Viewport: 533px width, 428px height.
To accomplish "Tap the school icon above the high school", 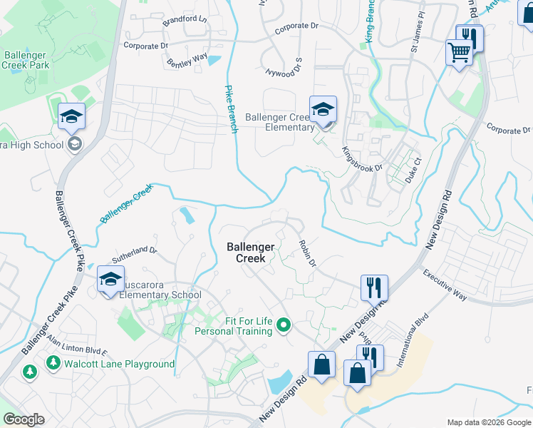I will click(71, 117).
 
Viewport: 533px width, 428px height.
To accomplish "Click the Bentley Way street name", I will click(187, 61).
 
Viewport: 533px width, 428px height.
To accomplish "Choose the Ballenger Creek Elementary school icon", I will click(323, 109).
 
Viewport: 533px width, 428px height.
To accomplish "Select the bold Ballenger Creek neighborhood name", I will click(250, 253).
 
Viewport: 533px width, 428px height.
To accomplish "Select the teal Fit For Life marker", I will click(284, 326).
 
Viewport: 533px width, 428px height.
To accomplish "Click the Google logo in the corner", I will click(24, 419).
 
